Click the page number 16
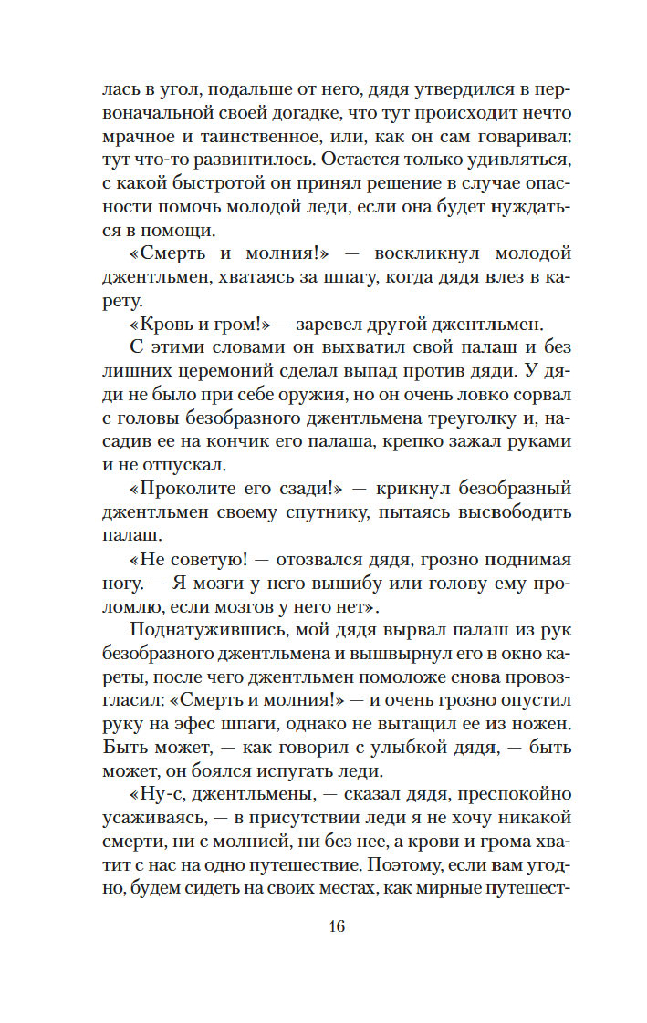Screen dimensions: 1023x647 [x=335, y=926]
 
